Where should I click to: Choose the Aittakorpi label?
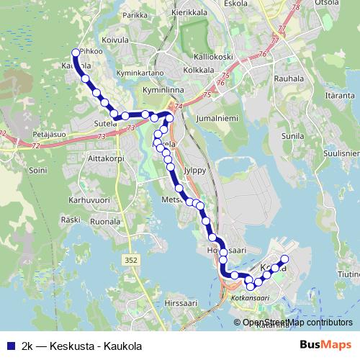click(106, 157)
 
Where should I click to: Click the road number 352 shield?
click(131, 259)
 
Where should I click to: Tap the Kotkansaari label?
click(249, 297)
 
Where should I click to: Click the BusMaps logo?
click(326, 345)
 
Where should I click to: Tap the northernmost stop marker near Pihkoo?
click(75, 52)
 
